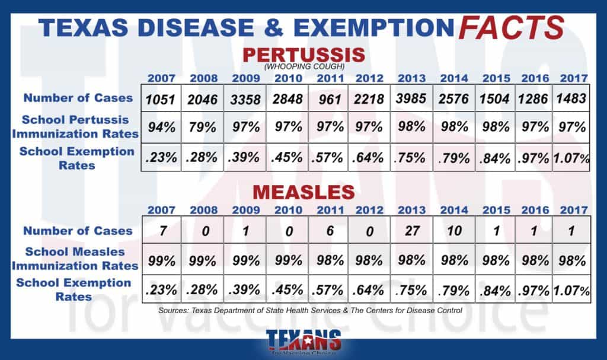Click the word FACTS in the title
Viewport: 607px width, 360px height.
click(510, 27)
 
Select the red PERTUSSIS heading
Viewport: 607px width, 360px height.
click(303, 55)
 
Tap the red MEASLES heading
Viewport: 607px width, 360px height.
click(303, 192)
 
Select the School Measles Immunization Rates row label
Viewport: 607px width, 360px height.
click(74, 260)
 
